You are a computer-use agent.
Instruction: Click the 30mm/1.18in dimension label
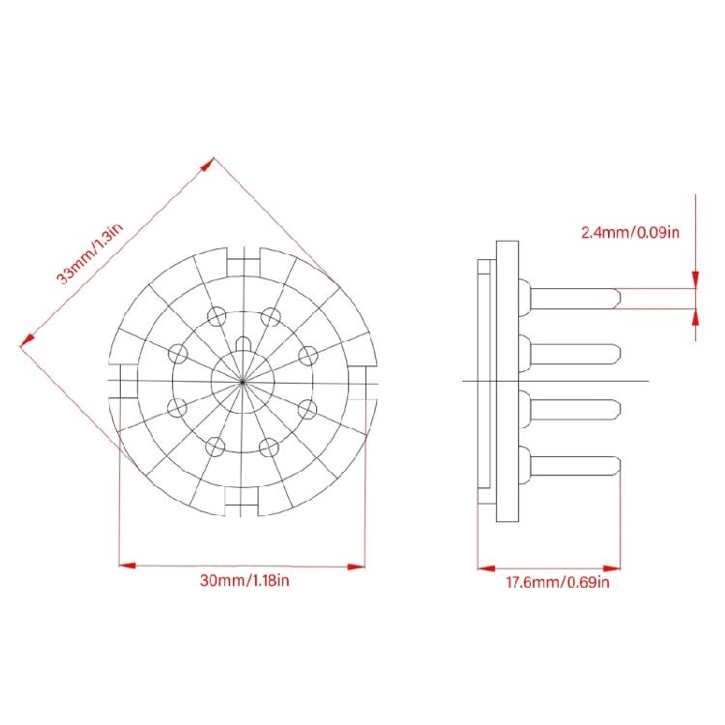tap(245, 580)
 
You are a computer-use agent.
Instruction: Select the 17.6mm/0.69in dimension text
tap(558, 582)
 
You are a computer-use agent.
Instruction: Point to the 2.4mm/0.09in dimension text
tap(630, 232)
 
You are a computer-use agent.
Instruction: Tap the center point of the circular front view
tap(243, 382)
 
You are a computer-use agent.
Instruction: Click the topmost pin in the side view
tap(569, 299)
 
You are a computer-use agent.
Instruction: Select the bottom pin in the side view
tap(569, 466)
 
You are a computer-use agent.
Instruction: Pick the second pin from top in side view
tap(569, 354)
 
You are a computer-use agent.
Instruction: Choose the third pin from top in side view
tap(569, 410)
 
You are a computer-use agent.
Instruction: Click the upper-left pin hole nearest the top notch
tap(217, 317)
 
